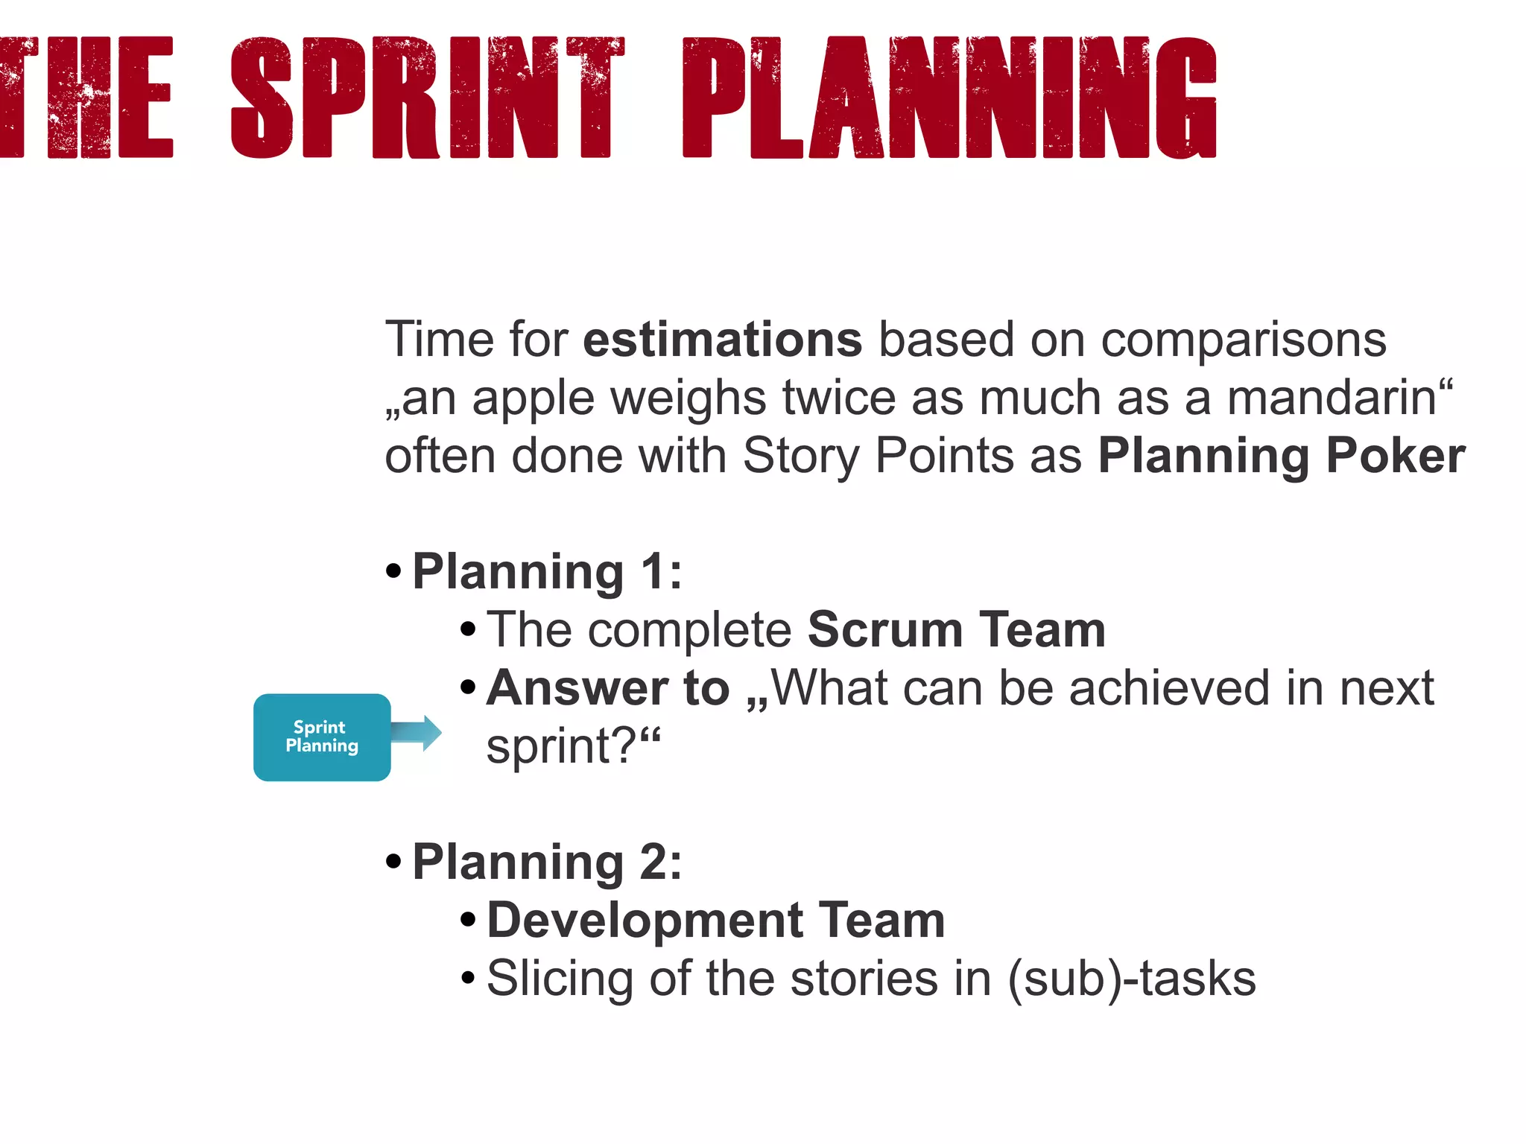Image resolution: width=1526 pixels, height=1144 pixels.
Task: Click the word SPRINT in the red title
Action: pos(427,98)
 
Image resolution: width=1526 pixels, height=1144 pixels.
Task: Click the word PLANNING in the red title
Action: pos(950,98)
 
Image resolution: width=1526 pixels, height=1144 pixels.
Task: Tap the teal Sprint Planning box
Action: pos(322,737)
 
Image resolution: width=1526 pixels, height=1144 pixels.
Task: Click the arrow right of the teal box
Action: pos(417,733)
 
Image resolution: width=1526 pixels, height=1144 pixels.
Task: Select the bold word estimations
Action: pos(722,340)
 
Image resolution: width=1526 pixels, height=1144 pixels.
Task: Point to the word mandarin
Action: pos(1332,398)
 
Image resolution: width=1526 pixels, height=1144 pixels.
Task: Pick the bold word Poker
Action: pos(1396,456)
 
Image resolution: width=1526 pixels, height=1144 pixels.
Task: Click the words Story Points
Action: pos(878,456)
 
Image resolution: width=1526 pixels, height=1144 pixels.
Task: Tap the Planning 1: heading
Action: pos(547,572)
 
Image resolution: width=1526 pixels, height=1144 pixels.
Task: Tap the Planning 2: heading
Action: pos(547,862)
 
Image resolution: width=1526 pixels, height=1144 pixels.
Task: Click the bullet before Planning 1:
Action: pos(394,572)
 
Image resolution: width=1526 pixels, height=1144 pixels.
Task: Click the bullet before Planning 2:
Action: pos(394,862)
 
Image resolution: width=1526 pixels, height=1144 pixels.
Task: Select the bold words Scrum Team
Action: pos(956,630)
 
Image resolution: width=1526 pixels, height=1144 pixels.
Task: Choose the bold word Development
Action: pos(645,921)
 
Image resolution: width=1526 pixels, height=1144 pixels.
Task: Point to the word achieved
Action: pos(1170,688)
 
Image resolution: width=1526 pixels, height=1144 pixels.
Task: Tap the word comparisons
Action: pos(1243,340)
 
